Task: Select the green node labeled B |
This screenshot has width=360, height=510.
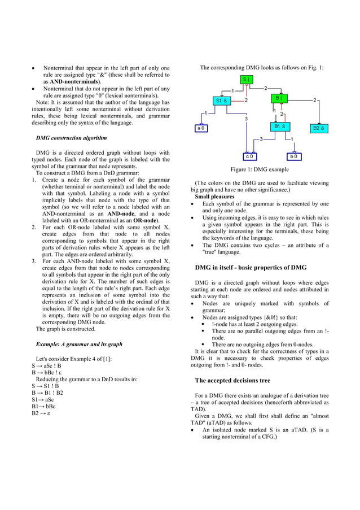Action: click(279, 98)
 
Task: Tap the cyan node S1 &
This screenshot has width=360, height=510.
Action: click(221, 101)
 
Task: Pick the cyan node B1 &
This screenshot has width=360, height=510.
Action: click(279, 127)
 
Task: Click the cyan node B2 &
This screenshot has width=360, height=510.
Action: click(319, 128)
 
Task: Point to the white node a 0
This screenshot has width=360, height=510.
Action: click(201, 128)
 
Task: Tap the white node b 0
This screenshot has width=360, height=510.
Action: click(294, 156)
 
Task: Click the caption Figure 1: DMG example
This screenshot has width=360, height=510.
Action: click(260, 169)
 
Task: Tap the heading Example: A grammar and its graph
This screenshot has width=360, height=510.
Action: click(79, 344)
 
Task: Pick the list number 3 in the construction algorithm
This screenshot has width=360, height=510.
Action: click(34, 261)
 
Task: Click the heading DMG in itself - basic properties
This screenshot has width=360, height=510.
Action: click(251, 267)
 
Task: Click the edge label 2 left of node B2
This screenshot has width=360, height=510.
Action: click(314, 100)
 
